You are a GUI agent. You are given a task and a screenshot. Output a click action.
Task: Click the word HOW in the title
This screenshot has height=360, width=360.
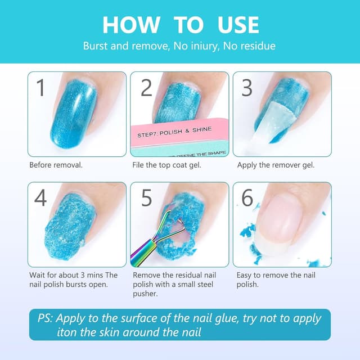pyautogui.click(x=131, y=25)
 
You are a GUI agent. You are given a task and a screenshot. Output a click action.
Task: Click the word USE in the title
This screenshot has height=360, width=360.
pyautogui.click(x=238, y=25)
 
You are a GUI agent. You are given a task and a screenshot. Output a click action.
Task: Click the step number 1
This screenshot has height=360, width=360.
pyautogui.click(x=41, y=88)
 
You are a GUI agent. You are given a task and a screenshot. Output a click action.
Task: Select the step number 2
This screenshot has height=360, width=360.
pyautogui.click(x=146, y=88)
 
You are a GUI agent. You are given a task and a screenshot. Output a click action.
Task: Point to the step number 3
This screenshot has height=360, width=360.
pyautogui.click(x=247, y=88)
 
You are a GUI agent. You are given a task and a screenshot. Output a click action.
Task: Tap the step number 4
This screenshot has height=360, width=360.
pyautogui.click(x=40, y=197)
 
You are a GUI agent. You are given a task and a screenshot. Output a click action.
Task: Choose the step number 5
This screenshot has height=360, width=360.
pyautogui.click(x=146, y=197)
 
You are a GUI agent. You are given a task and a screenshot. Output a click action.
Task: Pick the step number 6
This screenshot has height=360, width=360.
pyautogui.click(x=247, y=197)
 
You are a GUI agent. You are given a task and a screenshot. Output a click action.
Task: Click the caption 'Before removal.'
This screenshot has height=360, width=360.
pyautogui.click(x=56, y=165)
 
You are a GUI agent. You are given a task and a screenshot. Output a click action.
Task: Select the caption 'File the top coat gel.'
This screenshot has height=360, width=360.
pyautogui.click(x=166, y=165)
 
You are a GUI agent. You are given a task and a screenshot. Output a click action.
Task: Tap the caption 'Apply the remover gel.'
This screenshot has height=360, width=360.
pyautogui.click(x=276, y=165)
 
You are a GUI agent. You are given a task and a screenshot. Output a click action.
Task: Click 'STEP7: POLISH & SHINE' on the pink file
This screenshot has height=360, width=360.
pyautogui.click(x=174, y=132)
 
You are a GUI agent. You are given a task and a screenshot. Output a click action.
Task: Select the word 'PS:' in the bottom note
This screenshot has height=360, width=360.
pyautogui.click(x=45, y=318)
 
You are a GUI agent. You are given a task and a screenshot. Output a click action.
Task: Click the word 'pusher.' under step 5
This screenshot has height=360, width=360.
pyautogui.click(x=145, y=294)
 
